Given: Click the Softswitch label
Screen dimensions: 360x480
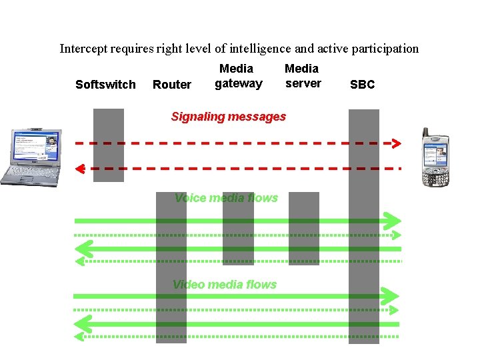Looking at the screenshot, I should coord(105,85).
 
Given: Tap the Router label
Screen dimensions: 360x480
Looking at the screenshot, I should coord(172,85).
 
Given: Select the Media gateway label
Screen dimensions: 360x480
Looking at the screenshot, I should coord(238,76).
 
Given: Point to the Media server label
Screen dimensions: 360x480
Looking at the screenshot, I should coord(302,76).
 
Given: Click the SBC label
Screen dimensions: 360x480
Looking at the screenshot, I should coord(363,85).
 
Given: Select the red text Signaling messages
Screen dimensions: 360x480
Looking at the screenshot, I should coord(228,117).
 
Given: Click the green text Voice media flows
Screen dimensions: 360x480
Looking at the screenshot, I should coord(226,197).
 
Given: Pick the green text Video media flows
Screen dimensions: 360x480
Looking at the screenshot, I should coord(225,285).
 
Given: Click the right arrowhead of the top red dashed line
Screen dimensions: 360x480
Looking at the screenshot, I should coord(396,143).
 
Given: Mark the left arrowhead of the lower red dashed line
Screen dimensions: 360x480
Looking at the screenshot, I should coord(79,168).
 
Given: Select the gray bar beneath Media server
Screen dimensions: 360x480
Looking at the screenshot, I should coord(303,229).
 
